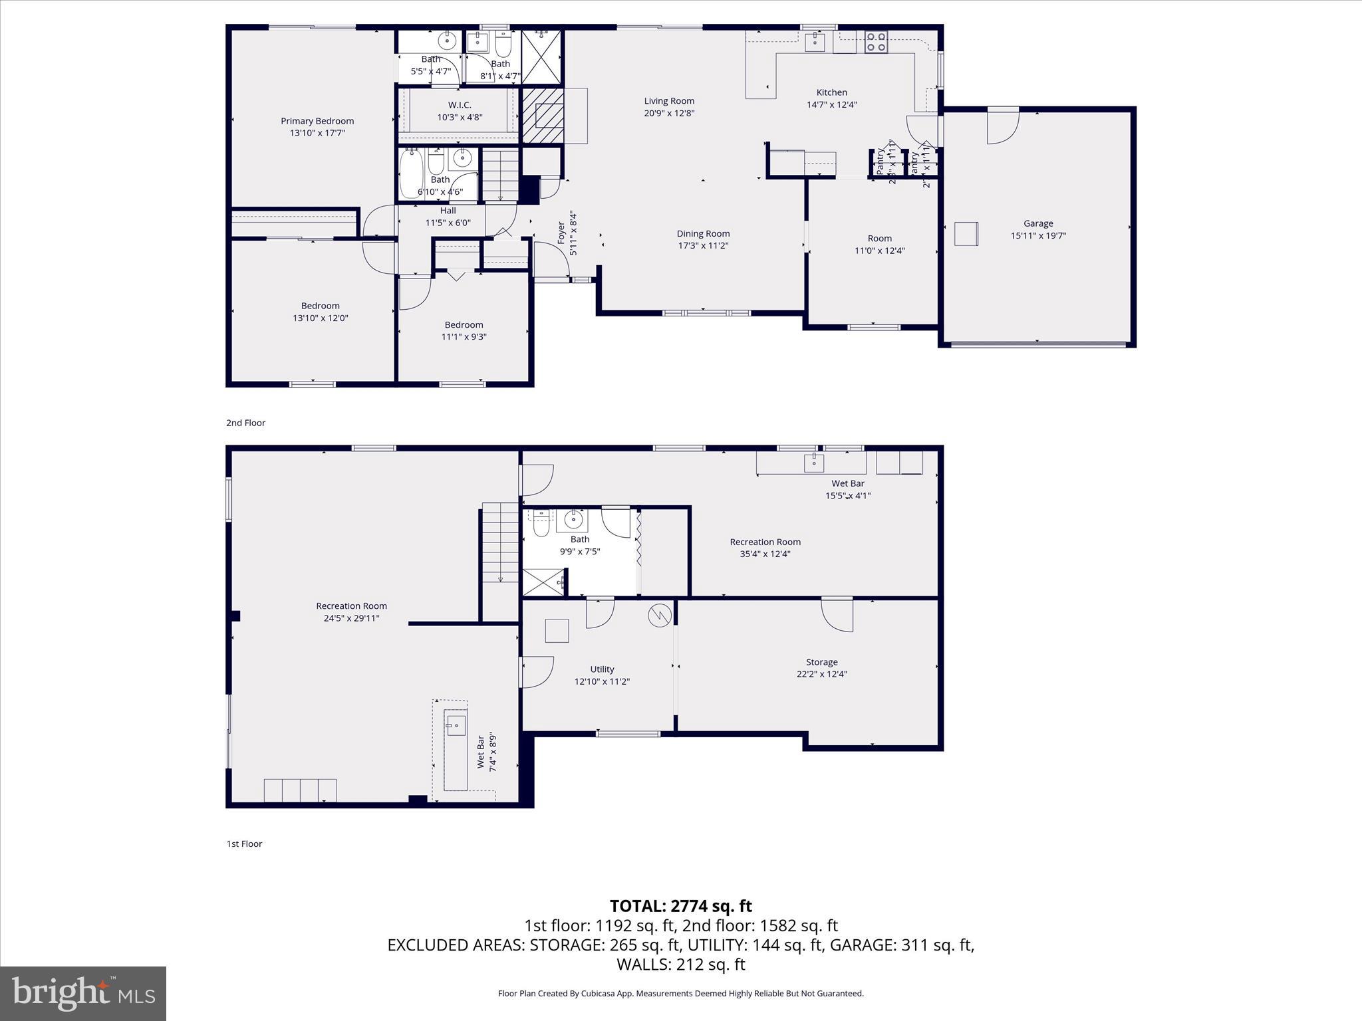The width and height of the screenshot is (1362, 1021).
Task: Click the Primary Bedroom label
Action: point(317,121)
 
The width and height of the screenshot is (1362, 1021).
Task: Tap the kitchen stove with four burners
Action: point(875,42)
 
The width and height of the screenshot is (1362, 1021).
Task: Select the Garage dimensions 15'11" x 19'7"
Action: point(1038,235)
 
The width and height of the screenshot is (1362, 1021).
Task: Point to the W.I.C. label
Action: point(459,105)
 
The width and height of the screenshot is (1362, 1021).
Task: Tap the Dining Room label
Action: point(703,233)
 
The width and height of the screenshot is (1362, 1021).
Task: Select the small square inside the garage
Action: point(966,234)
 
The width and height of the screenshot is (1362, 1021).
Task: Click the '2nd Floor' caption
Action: point(245,423)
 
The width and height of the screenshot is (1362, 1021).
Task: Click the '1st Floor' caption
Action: point(244,844)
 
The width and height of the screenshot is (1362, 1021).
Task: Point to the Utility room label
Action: point(602,669)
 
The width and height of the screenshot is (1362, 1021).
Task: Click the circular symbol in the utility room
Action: point(659,616)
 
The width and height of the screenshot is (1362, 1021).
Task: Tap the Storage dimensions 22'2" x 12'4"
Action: point(821,674)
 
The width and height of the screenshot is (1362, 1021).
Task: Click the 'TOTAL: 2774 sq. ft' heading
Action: point(680,906)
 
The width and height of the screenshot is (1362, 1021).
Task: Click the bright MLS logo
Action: point(83,993)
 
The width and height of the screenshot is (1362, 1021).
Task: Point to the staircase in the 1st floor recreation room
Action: point(499,542)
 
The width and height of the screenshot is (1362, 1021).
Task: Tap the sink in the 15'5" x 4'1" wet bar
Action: point(813,462)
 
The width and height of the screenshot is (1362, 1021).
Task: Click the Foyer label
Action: point(561,233)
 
